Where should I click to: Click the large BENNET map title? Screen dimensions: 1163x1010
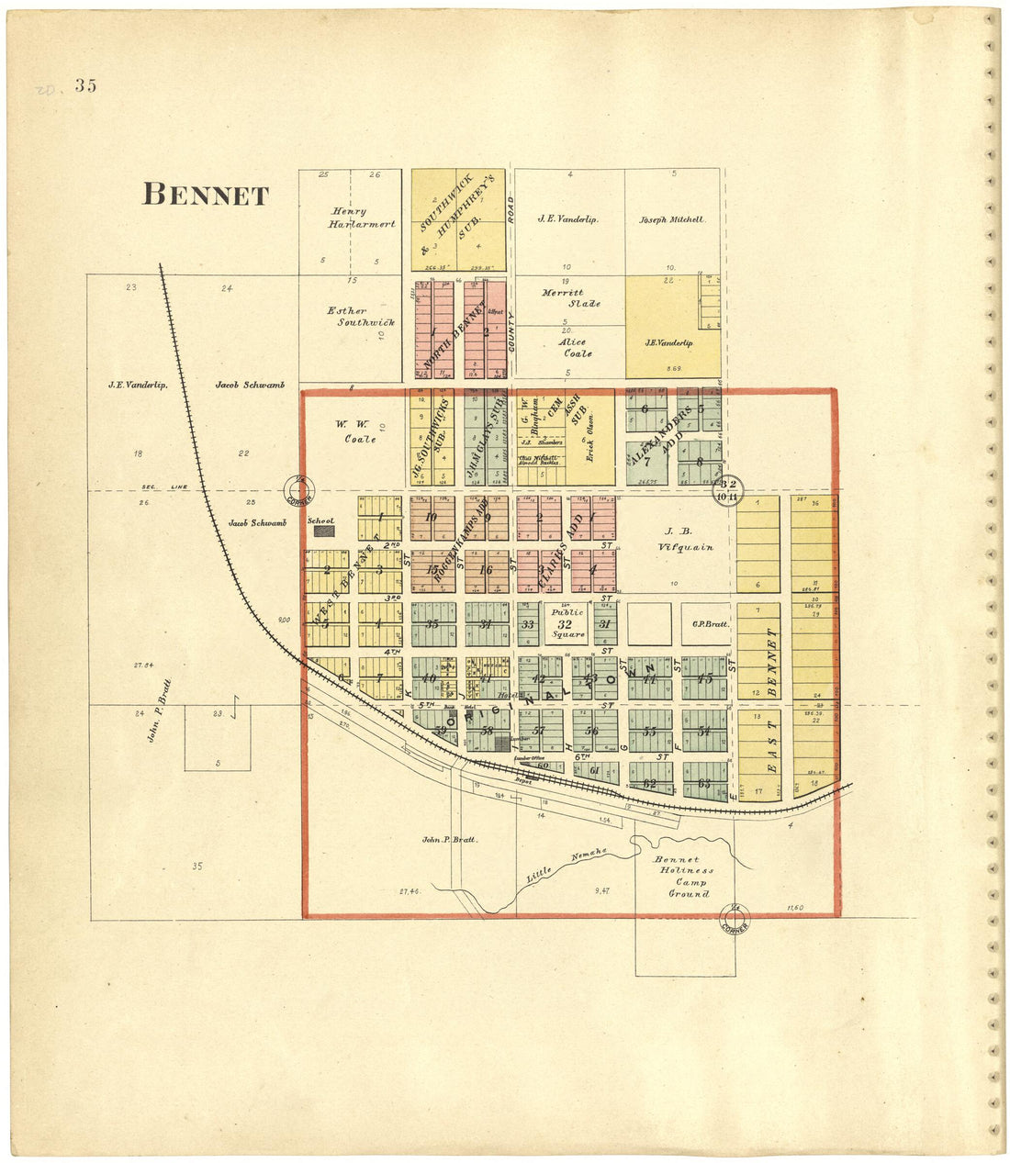pyautogui.click(x=206, y=195)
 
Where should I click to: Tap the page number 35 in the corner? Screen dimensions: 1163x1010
pyautogui.click(x=86, y=86)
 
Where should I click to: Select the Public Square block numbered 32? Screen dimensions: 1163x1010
pyautogui.click(x=566, y=624)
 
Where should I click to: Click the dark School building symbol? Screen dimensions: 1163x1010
pyautogui.click(x=322, y=531)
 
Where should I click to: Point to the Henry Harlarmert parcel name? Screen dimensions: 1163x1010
pyautogui.click(x=349, y=218)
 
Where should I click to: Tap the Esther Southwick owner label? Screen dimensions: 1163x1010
pyautogui.click(x=347, y=317)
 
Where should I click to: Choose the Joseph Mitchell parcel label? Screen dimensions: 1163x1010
pyautogui.click(x=672, y=220)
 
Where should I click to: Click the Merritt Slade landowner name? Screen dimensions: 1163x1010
pyautogui.click(x=569, y=298)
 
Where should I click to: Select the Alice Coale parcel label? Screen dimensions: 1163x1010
pyautogui.click(x=576, y=348)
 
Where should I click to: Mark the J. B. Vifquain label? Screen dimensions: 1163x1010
pyautogui.click(x=675, y=539)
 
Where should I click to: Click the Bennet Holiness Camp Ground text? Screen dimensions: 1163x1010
pyautogui.click(x=689, y=877)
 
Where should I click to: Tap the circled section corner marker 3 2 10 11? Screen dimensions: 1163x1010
pyautogui.click(x=729, y=490)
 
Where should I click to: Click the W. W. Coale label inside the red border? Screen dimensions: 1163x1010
pyautogui.click(x=354, y=431)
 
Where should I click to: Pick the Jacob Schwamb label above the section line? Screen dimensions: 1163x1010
pyautogui.click(x=250, y=386)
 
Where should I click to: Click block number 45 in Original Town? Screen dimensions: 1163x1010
pyautogui.click(x=704, y=679)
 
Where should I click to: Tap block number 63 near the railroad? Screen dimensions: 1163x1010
pyautogui.click(x=704, y=783)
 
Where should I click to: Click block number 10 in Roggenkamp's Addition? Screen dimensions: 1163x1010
pyautogui.click(x=431, y=517)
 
